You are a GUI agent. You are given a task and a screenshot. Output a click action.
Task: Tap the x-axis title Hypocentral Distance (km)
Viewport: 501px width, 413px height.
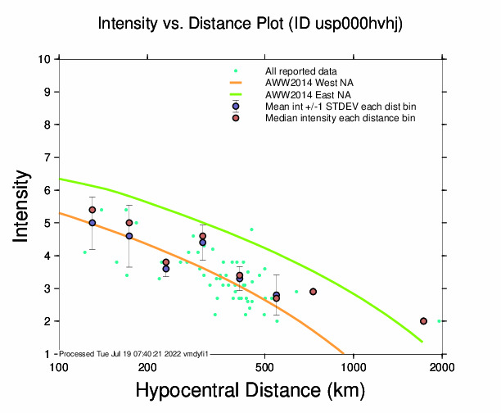coord(250,392)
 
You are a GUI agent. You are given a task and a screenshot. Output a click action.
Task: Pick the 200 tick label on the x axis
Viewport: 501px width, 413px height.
coord(147,365)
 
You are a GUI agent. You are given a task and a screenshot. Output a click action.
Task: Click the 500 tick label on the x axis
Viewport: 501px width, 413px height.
coord(264,365)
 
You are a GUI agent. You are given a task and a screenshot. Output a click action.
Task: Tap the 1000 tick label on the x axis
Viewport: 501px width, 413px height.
coord(353,365)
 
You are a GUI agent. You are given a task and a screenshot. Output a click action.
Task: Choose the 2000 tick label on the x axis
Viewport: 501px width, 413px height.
coord(442,365)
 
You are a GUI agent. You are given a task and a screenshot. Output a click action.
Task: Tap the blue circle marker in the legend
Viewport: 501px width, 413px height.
coord(236,107)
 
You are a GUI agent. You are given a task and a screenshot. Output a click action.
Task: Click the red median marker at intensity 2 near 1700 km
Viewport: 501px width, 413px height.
coord(423,321)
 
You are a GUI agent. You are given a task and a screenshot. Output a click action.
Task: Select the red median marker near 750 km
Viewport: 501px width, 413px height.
coord(314,292)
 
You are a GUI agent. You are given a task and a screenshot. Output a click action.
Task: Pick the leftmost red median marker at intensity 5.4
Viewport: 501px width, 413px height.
coord(93,210)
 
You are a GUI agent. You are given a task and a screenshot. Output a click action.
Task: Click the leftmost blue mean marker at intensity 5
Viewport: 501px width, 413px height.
coord(93,223)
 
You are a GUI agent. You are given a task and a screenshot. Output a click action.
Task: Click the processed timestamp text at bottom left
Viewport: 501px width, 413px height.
coord(135,352)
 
